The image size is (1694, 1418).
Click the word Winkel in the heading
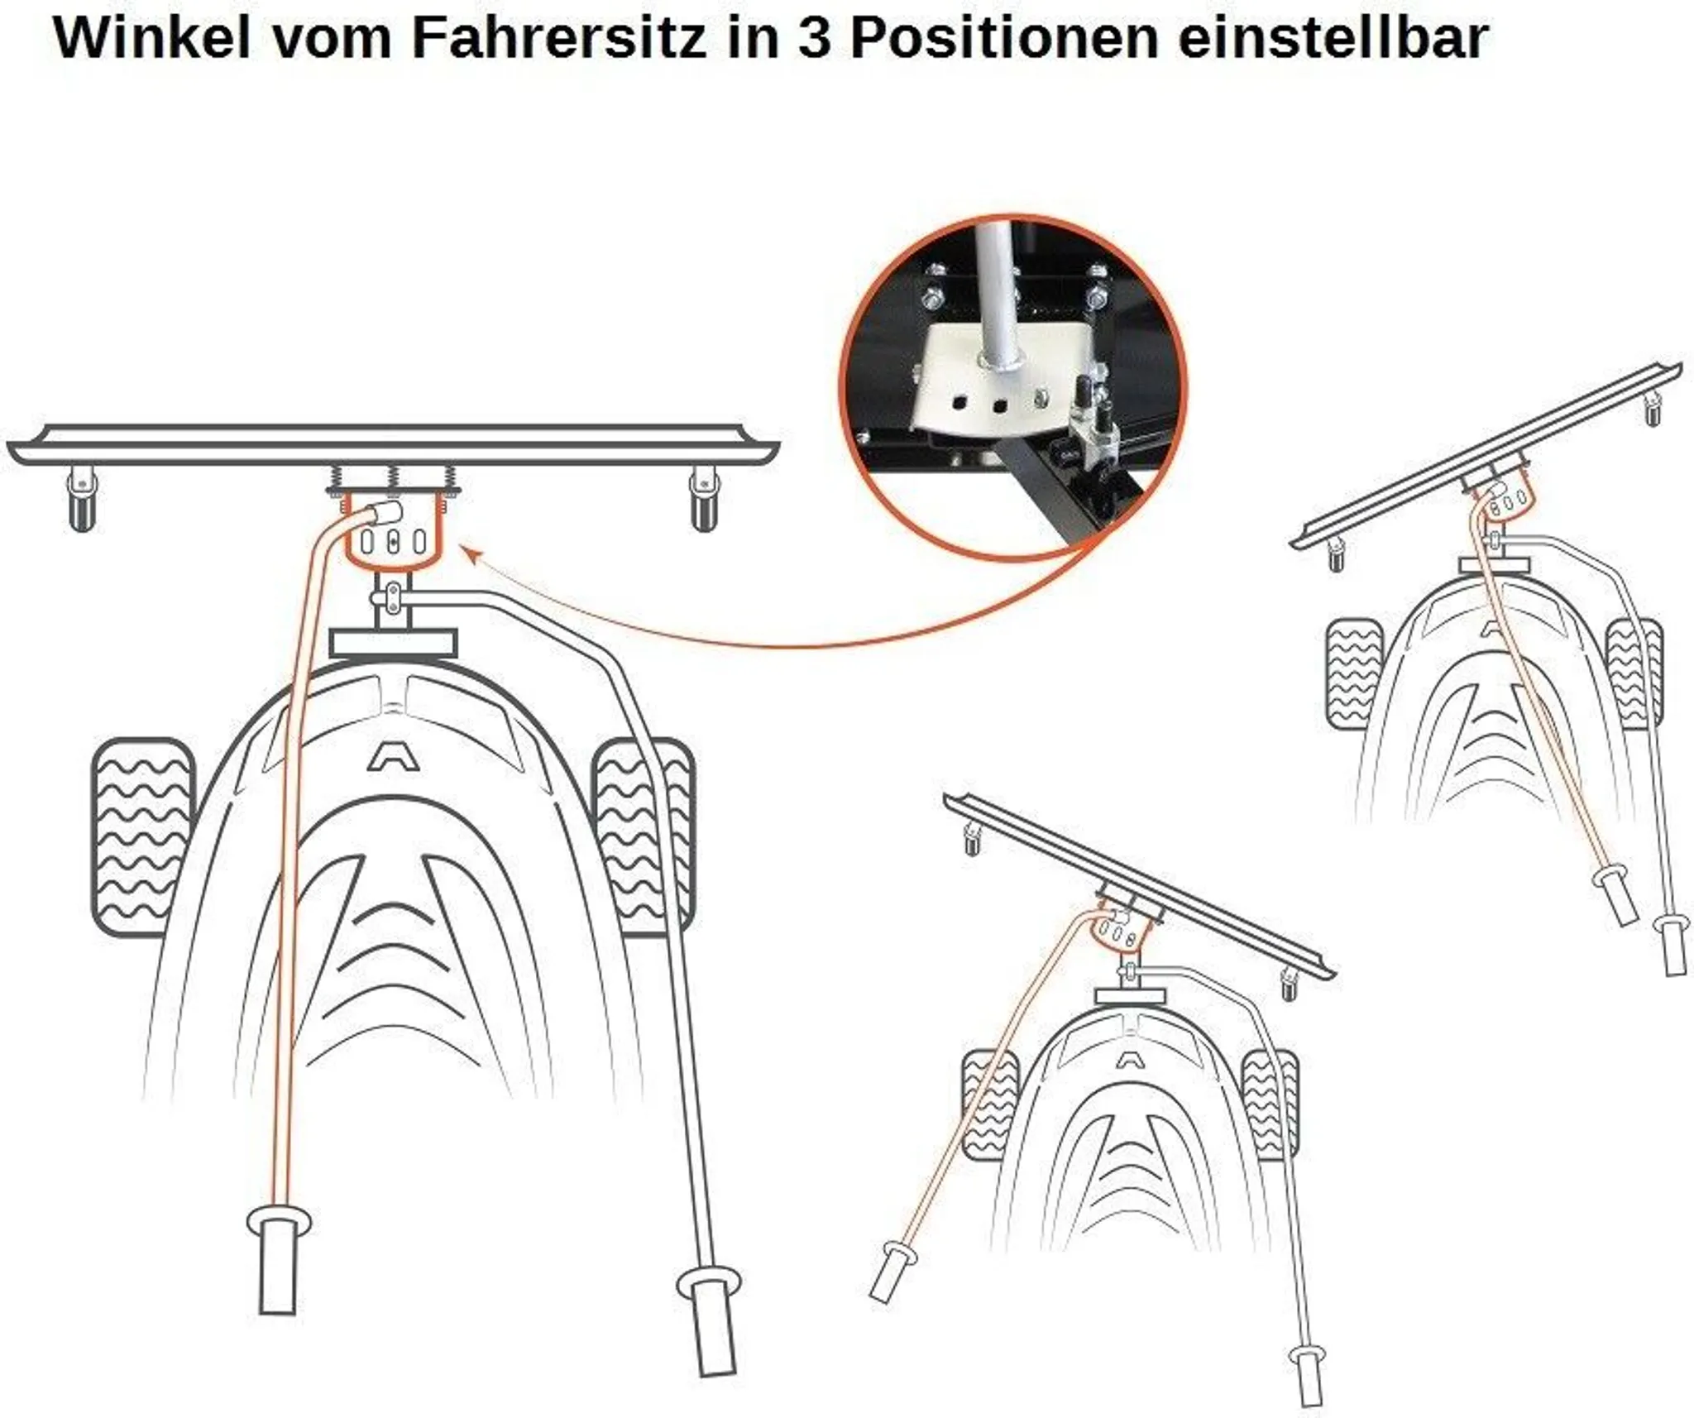151,38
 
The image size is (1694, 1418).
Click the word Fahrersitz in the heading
559,38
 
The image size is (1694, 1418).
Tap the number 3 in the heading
814,38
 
